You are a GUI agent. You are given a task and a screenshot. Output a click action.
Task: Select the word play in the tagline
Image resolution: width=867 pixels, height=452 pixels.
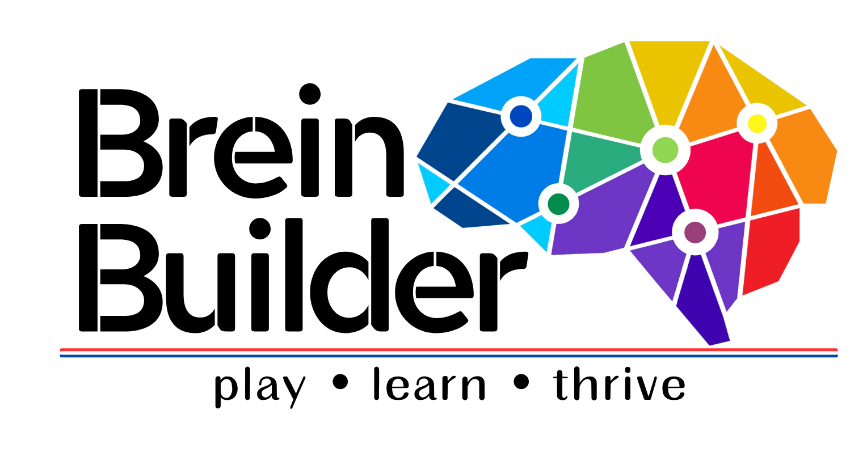[x=259, y=388]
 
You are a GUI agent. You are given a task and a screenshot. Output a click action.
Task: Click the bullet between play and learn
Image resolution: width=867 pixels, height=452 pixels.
[x=339, y=383]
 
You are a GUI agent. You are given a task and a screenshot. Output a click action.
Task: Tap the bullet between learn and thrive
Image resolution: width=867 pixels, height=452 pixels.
[x=521, y=383]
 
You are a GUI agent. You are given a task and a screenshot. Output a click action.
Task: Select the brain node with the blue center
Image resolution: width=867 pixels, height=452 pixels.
[x=521, y=116]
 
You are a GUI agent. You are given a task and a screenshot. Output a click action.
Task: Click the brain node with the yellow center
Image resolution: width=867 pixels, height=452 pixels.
[x=756, y=123]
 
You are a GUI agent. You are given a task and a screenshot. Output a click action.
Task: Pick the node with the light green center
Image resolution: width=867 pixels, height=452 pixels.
[x=665, y=150]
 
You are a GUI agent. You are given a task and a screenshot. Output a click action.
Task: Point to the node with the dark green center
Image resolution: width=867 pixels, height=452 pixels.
[x=558, y=202]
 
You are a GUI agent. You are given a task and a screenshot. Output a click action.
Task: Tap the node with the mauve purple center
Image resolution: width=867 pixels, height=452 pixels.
[x=695, y=233]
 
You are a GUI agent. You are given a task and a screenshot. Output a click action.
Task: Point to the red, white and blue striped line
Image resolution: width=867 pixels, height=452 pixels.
[x=448, y=353]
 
